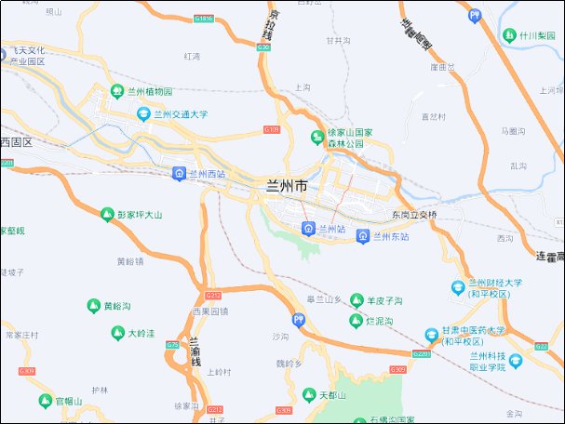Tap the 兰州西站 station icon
click(179, 173)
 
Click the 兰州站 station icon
click(308, 228)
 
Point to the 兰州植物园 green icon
click(117, 91)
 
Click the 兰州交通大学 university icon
click(143, 114)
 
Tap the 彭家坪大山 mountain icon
click(106, 215)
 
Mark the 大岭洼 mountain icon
click(117, 332)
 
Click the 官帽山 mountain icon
click(45, 401)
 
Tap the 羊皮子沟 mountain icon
click(356, 300)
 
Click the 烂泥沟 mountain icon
click(356, 321)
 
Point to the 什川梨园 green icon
click(509, 35)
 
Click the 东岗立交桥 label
click(414, 215)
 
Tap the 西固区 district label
click(16, 142)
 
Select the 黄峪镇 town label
click(130, 261)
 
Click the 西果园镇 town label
click(209, 311)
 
